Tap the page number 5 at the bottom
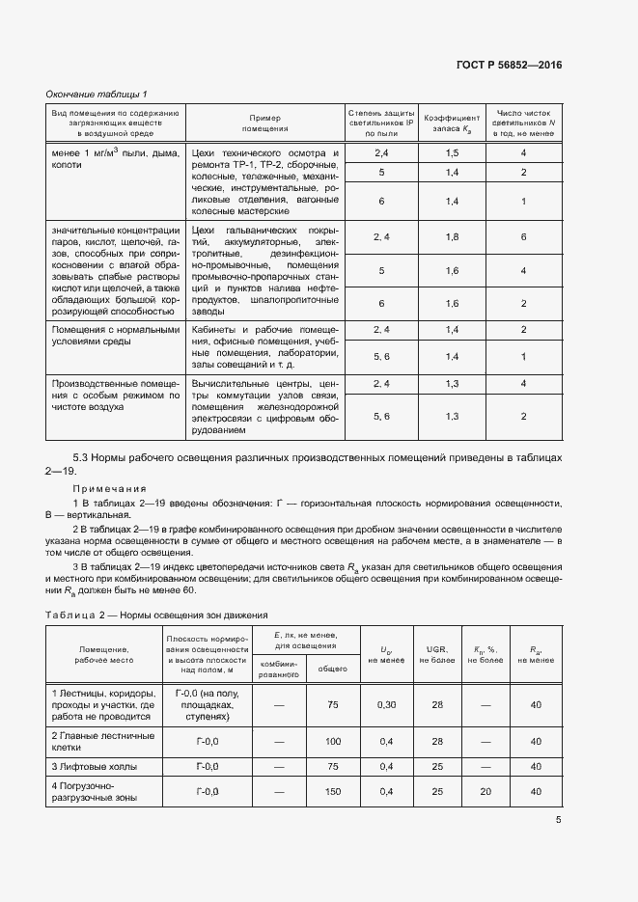point(559,820)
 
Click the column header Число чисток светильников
point(523,123)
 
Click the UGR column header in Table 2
point(436,654)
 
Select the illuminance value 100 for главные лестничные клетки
point(334,741)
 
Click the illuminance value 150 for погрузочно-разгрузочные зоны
point(334,791)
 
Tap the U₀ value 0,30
point(386,705)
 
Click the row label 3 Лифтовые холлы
point(97,766)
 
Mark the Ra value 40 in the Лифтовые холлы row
point(536,766)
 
